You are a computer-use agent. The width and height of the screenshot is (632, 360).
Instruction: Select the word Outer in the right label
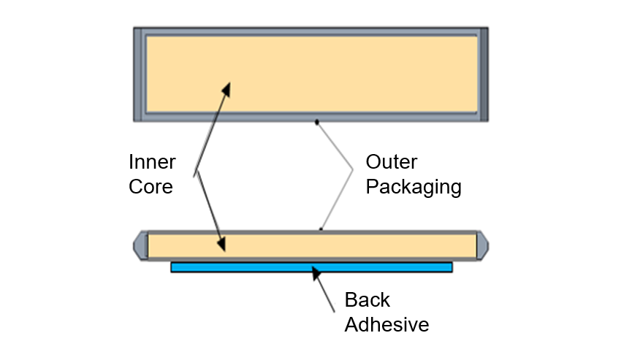[x=392, y=161]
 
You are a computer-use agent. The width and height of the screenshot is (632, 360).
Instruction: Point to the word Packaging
[x=414, y=187]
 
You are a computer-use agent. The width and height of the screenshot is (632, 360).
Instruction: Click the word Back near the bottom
[x=368, y=299]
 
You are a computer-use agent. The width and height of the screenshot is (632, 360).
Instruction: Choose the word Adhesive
[x=387, y=324]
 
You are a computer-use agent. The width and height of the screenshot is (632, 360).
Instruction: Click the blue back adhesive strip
[x=311, y=267]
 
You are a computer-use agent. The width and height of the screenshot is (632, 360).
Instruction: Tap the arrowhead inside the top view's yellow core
[x=226, y=88]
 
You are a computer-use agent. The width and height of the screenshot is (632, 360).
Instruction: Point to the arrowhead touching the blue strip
[x=316, y=273]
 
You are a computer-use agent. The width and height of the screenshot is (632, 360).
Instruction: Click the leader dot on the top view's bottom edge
[x=316, y=122]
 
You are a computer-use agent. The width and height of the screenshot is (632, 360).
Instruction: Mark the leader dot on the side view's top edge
[x=321, y=229]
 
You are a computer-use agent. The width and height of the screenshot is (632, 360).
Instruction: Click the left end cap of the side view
[x=139, y=245]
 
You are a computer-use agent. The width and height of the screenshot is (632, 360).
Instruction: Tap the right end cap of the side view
[x=483, y=245]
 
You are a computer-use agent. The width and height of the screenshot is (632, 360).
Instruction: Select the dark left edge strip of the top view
[x=137, y=74]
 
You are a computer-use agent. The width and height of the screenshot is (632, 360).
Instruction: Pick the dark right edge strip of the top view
[x=484, y=74]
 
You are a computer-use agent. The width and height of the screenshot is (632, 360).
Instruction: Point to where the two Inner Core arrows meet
[x=196, y=173]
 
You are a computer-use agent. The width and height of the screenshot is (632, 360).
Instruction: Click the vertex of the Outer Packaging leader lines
[x=353, y=170]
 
